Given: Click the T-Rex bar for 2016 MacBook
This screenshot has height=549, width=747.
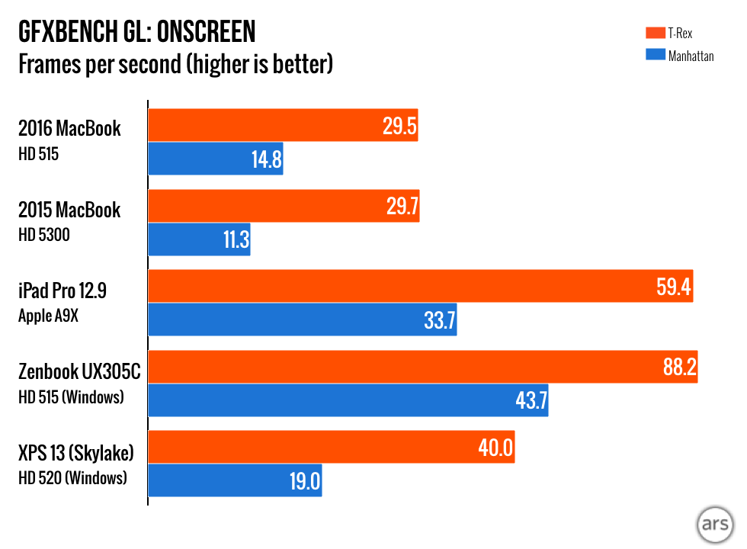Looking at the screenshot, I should coord(282,126).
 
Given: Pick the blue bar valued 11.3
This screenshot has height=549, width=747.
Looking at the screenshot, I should coord(199,239).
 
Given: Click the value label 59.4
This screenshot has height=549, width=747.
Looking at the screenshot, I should coord(672,287).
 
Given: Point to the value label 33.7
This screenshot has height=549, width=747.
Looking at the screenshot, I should coord(439,320).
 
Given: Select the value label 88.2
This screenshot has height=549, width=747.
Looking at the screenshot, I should coord(679,368).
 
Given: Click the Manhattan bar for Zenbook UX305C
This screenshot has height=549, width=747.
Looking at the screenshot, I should coord(348,400).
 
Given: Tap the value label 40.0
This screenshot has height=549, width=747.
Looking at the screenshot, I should coord(496,448).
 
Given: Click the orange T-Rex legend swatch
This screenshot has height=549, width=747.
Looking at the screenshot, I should coord(654,33).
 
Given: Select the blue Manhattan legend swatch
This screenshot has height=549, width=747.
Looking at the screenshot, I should coord(654,55).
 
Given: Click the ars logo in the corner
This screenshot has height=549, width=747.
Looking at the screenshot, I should coord(714,526).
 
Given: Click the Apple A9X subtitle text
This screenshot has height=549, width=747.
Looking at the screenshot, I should coord(50,316).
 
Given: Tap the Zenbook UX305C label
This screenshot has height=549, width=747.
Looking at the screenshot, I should coord(80,371).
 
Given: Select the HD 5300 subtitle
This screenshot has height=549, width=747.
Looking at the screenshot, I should coord(44,235).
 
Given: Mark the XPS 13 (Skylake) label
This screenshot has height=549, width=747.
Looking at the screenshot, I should coord(76,453).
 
